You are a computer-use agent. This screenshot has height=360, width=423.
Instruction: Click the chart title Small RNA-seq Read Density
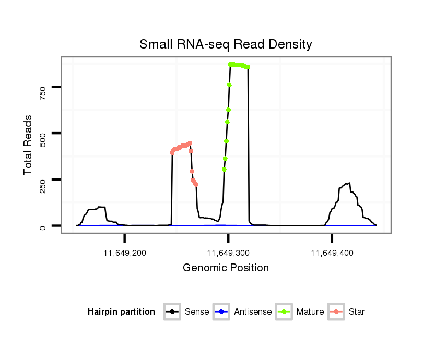point(226,44)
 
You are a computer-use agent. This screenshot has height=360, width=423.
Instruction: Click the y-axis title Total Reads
point(28,145)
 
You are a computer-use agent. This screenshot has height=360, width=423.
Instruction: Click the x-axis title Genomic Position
point(226,268)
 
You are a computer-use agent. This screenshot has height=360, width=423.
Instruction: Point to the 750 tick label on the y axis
point(42,87)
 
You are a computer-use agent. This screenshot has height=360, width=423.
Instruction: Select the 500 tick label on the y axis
point(42,133)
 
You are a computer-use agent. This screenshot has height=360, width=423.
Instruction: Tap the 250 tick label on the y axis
point(42,179)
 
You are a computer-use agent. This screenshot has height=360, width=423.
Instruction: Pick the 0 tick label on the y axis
point(42,226)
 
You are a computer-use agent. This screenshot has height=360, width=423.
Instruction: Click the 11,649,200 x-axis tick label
point(125,253)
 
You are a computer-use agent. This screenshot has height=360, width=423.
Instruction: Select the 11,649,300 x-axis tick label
point(228,253)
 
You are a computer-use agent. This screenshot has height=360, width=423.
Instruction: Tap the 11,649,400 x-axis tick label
point(332,253)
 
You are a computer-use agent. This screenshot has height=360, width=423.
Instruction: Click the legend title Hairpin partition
point(121,312)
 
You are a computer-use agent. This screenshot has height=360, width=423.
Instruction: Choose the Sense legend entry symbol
point(172,312)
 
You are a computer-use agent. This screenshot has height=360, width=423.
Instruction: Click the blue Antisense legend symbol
point(222,312)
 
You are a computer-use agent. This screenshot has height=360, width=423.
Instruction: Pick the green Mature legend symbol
point(285,312)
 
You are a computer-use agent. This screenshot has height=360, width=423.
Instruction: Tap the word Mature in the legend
point(310,312)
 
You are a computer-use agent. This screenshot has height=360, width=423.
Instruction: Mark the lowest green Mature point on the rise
point(224,169)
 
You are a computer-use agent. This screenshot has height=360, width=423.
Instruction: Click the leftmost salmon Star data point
point(172,153)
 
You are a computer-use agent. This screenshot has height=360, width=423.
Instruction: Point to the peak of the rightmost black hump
point(349,183)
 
